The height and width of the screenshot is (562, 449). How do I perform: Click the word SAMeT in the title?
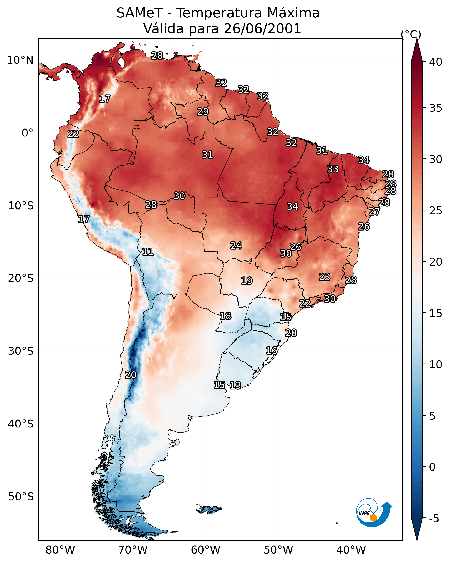coord(139,13)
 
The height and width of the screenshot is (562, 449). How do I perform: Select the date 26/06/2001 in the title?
coord(262,29)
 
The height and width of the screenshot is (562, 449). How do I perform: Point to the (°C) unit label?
coord(411,34)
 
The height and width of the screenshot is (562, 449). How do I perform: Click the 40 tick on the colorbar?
coord(436,62)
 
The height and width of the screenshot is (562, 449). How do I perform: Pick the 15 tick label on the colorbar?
coord(436,313)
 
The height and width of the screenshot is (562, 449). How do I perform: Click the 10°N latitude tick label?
coord(20,60)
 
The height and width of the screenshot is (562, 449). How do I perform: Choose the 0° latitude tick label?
coord(27,133)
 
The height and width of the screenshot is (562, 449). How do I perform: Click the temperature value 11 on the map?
coord(148,252)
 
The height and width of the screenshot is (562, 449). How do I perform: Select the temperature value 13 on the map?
coord(235,385)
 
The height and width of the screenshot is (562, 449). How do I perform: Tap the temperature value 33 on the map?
coord(333,169)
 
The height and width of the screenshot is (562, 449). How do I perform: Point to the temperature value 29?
coord(203,111)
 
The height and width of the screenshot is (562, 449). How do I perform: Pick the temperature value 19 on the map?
coord(247,281)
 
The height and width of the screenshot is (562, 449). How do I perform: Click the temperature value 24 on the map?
coord(236,246)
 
